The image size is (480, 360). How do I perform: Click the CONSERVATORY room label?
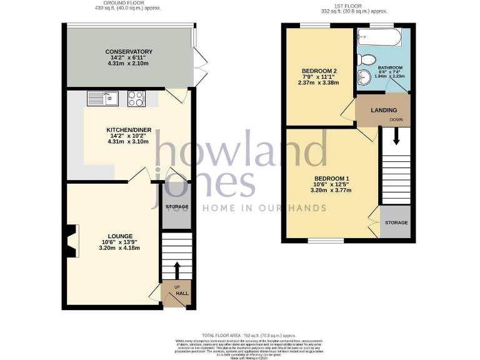129,51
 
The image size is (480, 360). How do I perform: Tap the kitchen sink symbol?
102,98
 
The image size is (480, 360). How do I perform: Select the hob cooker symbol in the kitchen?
136,98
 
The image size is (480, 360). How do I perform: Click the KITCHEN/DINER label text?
129,131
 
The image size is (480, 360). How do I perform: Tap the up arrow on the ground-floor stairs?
176,270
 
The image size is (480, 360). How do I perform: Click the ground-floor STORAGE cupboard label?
176,206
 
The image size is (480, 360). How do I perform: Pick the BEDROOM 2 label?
319,70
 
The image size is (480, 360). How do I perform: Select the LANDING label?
383,110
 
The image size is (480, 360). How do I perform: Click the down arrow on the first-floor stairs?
396,137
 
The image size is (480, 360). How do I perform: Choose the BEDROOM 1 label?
331,179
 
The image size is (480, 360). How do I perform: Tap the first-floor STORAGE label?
396,223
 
